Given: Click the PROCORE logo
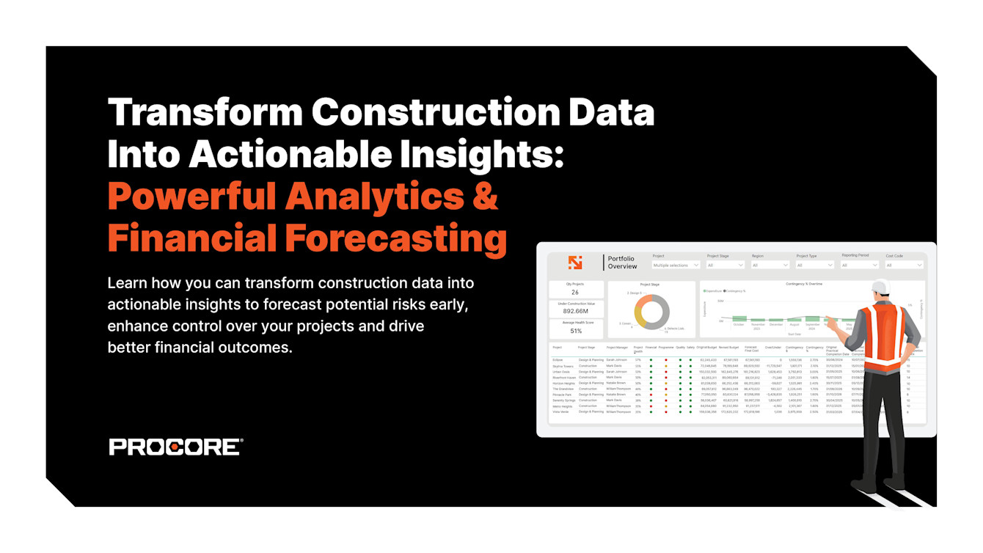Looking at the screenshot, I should [x=175, y=447].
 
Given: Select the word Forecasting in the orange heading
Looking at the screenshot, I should [x=395, y=238].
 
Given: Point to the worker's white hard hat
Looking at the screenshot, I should [x=880, y=288].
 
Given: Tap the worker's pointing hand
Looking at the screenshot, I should [x=828, y=320].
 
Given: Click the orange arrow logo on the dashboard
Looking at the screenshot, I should [x=575, y=262].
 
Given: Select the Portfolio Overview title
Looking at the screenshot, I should [x=621, y=263].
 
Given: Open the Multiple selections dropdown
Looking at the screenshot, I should [x=676, y=265].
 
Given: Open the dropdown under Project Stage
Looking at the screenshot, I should [x=725, y=265].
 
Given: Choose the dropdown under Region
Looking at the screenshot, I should [x=770, y=265].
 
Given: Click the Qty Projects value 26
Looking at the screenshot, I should [x=575, y=293].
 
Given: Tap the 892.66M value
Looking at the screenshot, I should [x=576, y=311].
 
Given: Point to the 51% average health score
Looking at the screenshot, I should [x=576, y=331].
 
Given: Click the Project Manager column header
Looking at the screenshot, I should [x=617, y=348].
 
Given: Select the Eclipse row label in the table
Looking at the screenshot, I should [x=558, y=360].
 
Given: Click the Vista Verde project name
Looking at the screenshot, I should [x=561, y=411].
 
